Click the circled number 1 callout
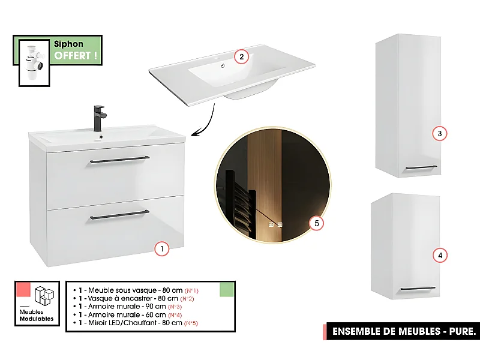(x=161, y=248)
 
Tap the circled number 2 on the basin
(x=240, y=57)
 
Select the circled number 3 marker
(x=440, y=133)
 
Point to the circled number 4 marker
(x=440, y=256)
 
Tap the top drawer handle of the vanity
(x=119, y=159)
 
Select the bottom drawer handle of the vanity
(x=119, y=217)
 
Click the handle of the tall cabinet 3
(x=421, y=167)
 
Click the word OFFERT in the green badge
(x=76, y=56)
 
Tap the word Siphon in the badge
(x=68, y=44)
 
